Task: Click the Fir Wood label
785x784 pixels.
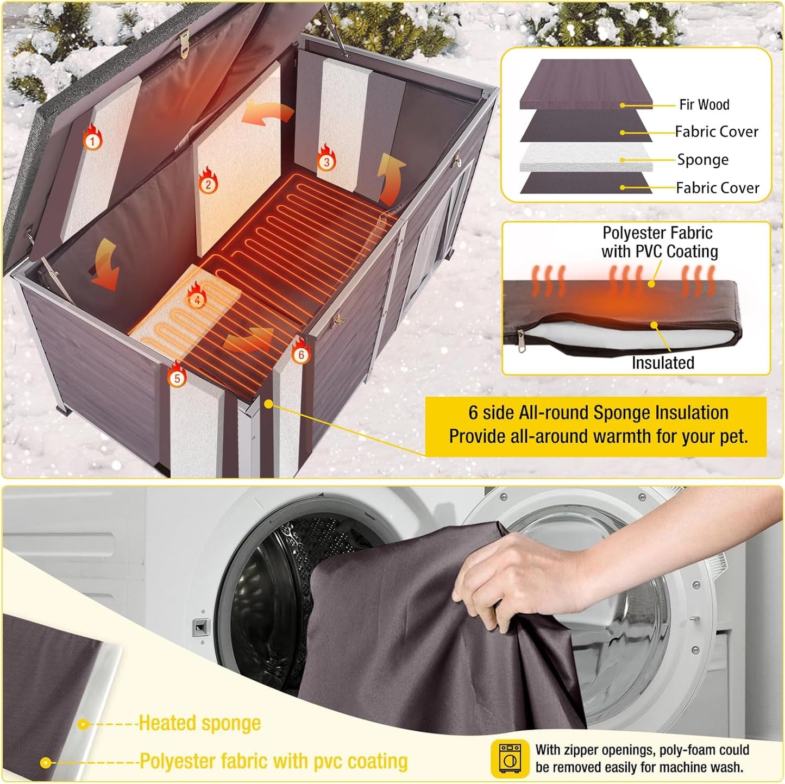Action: pos(704,104)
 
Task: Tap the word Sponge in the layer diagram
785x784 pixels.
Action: pos(702,160)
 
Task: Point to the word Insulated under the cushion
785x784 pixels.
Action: pos(663,362)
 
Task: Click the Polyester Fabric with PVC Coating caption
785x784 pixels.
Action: pos(659,242)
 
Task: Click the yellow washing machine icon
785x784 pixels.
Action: pos(510,757)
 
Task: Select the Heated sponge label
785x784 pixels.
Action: pos(199,723)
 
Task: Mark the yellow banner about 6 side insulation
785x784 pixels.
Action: pos(598,425)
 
